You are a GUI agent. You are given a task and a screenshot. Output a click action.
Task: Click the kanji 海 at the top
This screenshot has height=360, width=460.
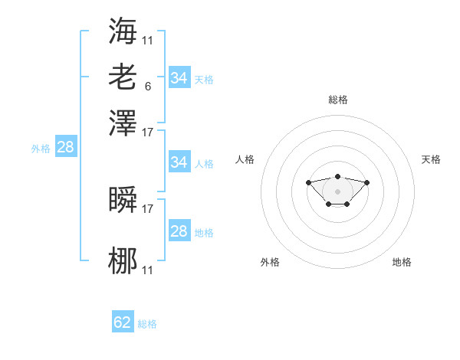click(x=123, y=31)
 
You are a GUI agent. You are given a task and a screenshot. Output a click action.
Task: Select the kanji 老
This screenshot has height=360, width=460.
click(x=123, y=77)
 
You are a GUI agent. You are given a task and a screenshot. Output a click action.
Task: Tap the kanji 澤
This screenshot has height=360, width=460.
click(x=123, y=123)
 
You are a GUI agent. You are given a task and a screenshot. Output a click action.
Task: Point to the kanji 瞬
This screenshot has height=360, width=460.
click(x=123, y=199)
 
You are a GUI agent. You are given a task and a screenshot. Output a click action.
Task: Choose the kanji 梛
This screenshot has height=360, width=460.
click(x=123, y=260)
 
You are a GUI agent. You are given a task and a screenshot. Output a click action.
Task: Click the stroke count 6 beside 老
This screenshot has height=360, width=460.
click(x=148, y=87)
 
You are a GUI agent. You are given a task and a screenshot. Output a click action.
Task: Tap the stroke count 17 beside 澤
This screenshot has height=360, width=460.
click(x=147, y=133)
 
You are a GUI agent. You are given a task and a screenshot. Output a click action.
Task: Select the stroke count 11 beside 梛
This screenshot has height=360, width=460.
click(x=147, y=270)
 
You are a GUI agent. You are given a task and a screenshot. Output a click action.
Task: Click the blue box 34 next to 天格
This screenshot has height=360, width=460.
click(x=179, y=77)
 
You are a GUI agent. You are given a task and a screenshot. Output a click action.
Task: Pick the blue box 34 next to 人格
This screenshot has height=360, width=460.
click(x=179, y=162)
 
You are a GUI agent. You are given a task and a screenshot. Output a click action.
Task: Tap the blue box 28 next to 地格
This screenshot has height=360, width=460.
click(x=179, y=230)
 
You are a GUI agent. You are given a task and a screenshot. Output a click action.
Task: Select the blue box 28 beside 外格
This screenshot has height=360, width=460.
click(x=66, y=146)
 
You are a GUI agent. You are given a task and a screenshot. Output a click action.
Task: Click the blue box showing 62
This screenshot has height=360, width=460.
click(x=123, y=321)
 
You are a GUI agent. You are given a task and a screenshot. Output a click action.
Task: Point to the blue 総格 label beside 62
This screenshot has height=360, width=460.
click(x=147, y=324)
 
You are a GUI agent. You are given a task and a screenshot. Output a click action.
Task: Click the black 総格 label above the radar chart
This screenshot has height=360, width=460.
click(x=338, y=100)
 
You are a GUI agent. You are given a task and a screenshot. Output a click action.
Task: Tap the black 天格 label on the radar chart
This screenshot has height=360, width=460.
click(x=431, y=159)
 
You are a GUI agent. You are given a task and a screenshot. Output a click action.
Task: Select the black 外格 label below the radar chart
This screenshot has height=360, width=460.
click(x=270, y=262)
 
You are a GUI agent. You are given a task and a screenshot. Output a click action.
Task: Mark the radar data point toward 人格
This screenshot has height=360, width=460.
click(x=308, y=182)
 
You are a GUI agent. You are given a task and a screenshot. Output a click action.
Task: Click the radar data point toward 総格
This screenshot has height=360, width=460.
click(x=338, y=176)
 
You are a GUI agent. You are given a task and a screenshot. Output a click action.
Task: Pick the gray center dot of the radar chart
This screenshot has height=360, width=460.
click(x=337, y=191)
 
